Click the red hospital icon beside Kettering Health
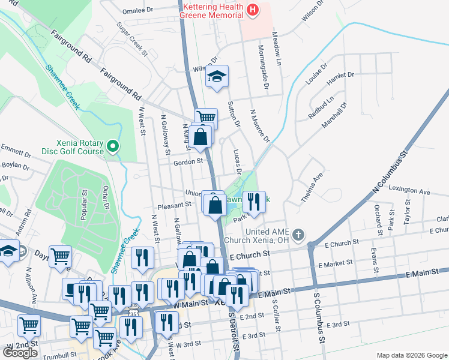[253, 10]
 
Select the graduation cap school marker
[217, 77]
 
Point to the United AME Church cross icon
[298, 235]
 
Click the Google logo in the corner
[20, 353]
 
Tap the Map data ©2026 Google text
[412, 355]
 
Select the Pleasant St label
[174, 205]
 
